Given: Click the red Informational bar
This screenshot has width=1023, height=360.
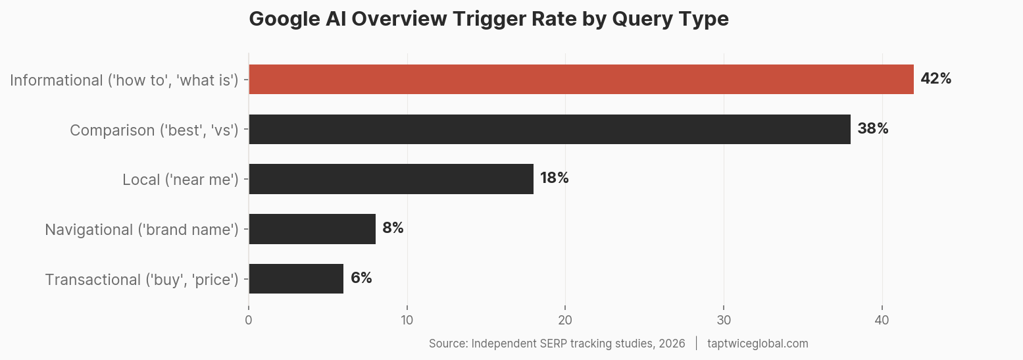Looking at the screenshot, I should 581,79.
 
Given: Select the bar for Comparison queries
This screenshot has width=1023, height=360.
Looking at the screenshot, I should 549,129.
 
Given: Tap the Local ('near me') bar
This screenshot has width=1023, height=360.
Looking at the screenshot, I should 391,179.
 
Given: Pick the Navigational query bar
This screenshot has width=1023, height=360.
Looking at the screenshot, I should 312,229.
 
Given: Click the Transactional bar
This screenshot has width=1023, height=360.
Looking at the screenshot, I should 296,279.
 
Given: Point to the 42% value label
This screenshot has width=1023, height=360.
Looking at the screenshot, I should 936,79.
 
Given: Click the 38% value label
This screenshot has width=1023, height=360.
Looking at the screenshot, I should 872,129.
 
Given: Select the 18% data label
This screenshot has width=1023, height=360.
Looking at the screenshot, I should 554,178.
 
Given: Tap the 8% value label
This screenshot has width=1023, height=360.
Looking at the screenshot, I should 393,228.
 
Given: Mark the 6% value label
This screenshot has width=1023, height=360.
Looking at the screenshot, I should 361,278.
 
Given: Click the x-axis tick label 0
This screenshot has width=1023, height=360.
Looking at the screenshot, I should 249,321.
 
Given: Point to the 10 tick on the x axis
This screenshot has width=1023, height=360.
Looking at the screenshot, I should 407,321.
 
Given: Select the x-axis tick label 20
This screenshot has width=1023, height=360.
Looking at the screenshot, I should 565,321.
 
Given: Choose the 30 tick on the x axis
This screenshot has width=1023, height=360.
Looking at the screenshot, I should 724,321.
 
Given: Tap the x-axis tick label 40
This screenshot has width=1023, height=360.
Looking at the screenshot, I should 882,321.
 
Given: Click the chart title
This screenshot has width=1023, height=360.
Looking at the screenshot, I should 489,19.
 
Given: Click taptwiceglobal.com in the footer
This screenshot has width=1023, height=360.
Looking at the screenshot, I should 757,344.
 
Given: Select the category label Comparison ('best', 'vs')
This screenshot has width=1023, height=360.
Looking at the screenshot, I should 154,130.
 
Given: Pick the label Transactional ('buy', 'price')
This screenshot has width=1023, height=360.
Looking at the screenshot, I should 141,280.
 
